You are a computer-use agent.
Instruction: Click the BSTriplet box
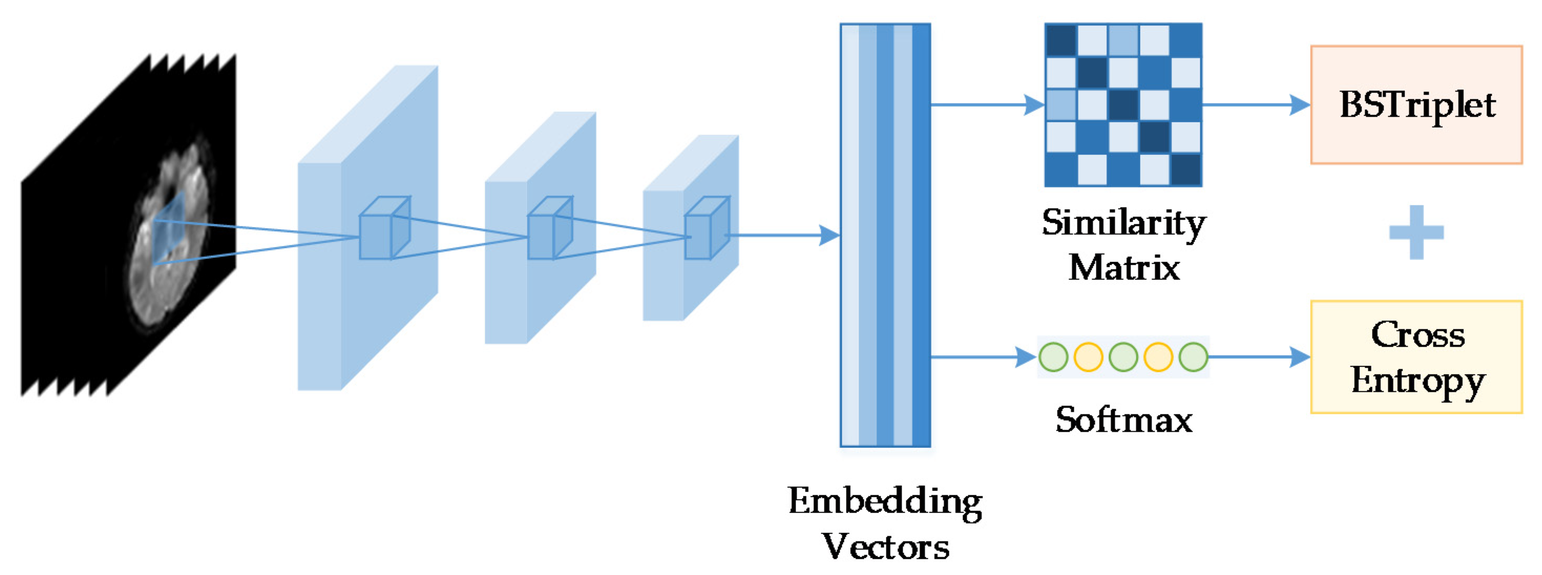point(1416,105)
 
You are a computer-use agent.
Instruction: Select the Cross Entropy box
point(1416,357)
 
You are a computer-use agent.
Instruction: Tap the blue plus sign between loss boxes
point(1416,233)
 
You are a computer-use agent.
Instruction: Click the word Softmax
point(1124,420)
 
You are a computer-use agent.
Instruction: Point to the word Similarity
point(1124,223)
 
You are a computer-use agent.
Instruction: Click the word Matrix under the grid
point(1124,268)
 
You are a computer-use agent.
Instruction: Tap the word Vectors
point(885,547)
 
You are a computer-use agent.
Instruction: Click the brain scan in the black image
point(171,234)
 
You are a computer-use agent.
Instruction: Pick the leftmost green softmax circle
point(1053,357)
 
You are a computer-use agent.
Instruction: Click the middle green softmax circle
point(1124,357)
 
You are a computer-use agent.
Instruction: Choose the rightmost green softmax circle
point(1194,357)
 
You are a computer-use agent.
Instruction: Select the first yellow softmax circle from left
point(1088,357)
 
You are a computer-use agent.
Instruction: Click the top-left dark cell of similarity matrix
point(1061,40)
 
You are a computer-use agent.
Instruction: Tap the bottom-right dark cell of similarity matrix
point(1186,170)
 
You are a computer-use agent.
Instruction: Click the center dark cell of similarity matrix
point(1124,105)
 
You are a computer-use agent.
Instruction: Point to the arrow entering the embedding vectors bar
point(829,235)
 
